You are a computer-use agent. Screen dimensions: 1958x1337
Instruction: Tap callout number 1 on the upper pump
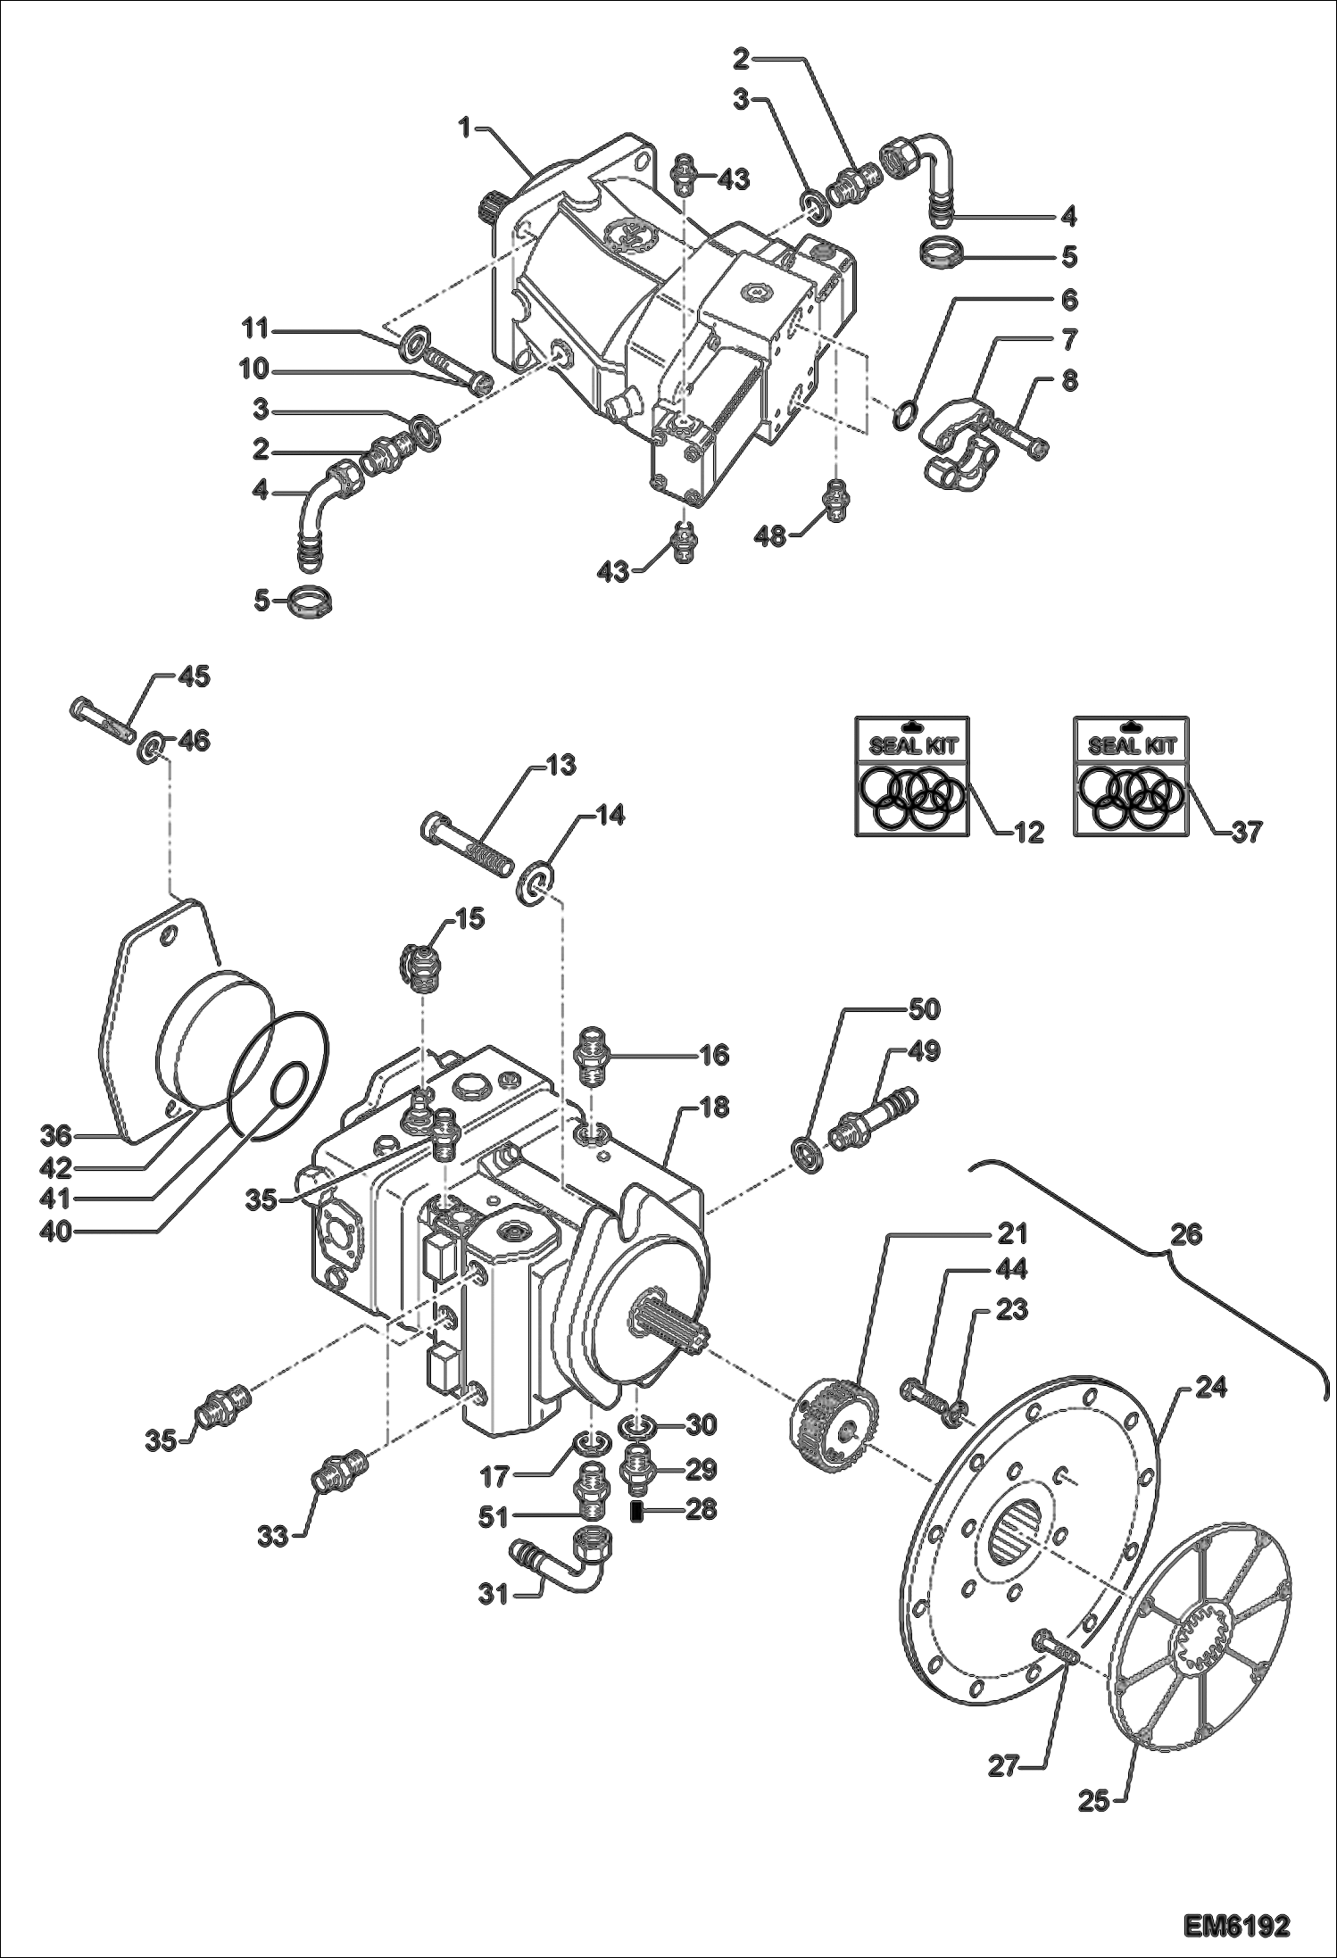464,128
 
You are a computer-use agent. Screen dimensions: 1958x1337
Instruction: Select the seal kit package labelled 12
911,776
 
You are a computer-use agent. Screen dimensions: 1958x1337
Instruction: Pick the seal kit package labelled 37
1131,776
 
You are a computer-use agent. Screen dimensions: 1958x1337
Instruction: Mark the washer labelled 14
536,883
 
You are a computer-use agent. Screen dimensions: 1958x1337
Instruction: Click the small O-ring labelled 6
904,414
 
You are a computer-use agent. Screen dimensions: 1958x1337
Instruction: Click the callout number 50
924,1009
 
